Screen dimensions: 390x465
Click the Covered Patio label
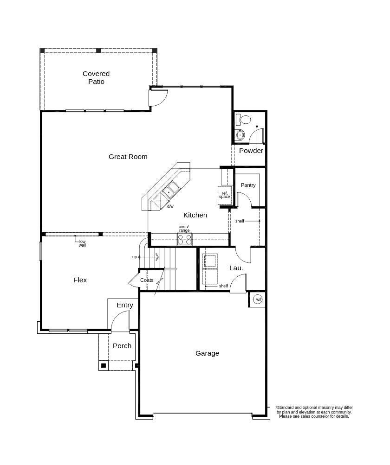(x=96, y=77)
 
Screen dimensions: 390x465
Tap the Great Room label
(x=128, y=157)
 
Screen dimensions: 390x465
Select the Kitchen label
(x=195, y=215)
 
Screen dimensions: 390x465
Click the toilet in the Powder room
(x=243, y=120)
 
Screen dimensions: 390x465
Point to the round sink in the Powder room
(x=240, y=135)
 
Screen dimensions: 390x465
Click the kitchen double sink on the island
(x=170, y=190)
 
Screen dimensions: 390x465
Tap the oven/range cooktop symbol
(x=184, y=239)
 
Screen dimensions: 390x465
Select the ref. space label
(x=225, y=195)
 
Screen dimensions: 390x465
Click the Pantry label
(x=248, y=185)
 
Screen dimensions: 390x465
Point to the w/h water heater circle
(x=258, y=299)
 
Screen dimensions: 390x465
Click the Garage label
(x=208, y=353)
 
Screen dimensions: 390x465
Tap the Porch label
(x=122, y=346)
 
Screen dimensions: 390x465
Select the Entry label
(x=125, y=305)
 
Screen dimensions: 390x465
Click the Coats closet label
(x=147, y=280)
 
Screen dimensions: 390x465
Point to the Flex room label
(x=80, y=280)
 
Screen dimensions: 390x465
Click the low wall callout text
(x=82, y=243)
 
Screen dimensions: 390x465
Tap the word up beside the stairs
(x=135, y=257)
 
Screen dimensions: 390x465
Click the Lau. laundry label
(x=236, y=268)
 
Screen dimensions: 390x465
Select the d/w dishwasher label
(x=170, y=206)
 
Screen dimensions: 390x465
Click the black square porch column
(x=104, y=366)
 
